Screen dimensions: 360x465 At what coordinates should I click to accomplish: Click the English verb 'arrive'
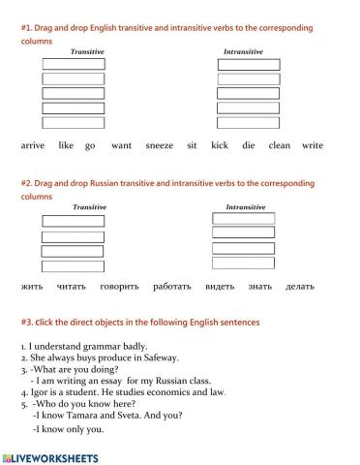pos(33,145)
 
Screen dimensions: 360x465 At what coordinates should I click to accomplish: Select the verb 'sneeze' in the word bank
pos(160,145)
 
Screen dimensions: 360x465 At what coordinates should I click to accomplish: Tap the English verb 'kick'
pos(219,145)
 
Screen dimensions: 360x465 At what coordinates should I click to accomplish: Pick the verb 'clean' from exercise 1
pos(279,145)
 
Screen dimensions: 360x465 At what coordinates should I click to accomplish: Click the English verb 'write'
pos(313,145)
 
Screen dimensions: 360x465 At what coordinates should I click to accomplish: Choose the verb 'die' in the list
pos(249,145)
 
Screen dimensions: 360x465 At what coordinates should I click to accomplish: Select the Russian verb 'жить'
pos(32,287)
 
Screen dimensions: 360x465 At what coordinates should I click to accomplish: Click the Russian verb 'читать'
pos(72,287)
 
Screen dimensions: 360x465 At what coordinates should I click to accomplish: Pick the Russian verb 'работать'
pos(172,287)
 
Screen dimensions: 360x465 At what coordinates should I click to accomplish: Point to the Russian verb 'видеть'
pos(219,287)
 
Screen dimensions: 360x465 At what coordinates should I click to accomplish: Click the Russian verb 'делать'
pos(300,287)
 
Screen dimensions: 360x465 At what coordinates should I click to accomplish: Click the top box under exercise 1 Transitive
pos(74,65)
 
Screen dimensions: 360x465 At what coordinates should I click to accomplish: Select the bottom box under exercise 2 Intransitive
pos(243,263)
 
